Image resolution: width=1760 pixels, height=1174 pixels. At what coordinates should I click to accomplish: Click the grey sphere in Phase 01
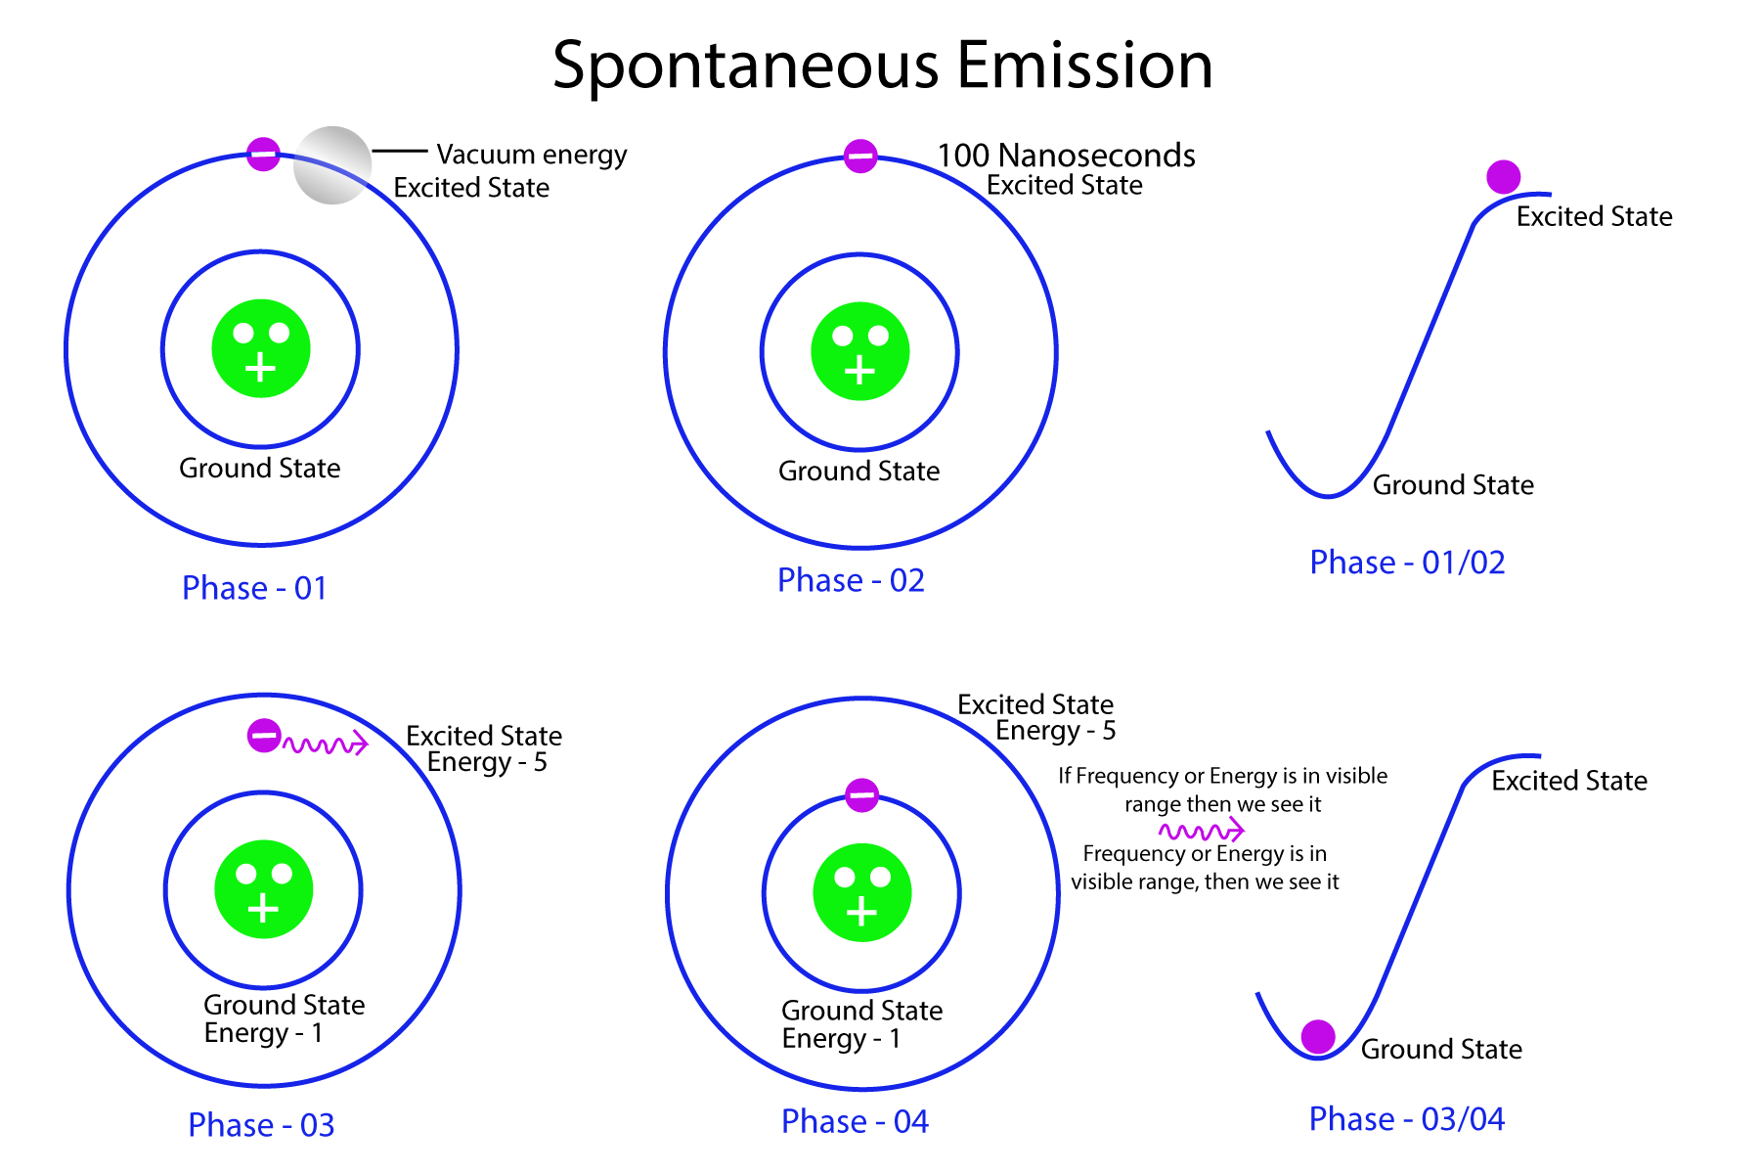point(332,165)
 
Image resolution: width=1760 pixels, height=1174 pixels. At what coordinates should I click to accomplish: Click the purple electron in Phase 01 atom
point(263,154)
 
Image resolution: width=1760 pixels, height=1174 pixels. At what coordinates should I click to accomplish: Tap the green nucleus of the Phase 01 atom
point(261,348)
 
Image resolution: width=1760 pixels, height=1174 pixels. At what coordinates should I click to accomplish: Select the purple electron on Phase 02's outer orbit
point(860,156)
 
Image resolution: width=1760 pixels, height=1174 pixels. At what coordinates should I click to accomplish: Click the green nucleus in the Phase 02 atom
point(860,351)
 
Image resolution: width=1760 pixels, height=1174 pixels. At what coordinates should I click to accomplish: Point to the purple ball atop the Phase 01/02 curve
point(1503,177)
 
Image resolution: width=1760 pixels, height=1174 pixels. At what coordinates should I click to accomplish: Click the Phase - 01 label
point(254,588)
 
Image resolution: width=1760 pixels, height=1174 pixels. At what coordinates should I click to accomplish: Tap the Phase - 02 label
point(851,580)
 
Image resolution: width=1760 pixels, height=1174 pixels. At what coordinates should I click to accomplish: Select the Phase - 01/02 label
point(1407,563)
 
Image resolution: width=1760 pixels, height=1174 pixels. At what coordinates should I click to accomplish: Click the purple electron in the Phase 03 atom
point(264,735)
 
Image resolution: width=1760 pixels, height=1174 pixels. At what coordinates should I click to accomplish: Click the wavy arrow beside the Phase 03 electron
point(326,745)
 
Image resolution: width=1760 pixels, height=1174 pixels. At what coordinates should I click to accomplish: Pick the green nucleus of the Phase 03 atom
point(264,889)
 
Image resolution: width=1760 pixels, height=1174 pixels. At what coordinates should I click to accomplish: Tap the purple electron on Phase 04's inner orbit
point(861,795)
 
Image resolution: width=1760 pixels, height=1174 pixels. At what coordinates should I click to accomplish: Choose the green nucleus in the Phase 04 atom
point(862,892)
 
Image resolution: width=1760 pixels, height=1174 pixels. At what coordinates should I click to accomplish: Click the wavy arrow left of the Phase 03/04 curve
point(1202,832)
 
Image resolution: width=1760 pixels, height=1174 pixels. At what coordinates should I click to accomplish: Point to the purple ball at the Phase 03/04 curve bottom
point(1318,1037)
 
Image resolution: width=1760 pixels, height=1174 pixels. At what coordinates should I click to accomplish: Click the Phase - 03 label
point(261,1125)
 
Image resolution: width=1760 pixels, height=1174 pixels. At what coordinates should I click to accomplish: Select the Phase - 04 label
point(855,1121)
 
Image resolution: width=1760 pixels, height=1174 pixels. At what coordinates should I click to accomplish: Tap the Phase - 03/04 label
point(1406,1119)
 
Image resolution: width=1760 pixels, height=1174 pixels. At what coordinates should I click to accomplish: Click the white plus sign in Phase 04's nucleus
point(861,913)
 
